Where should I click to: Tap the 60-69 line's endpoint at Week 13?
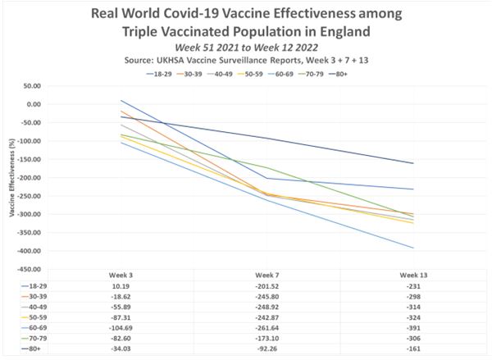click(414, 248)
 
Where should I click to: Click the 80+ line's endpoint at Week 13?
click(414, 163)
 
